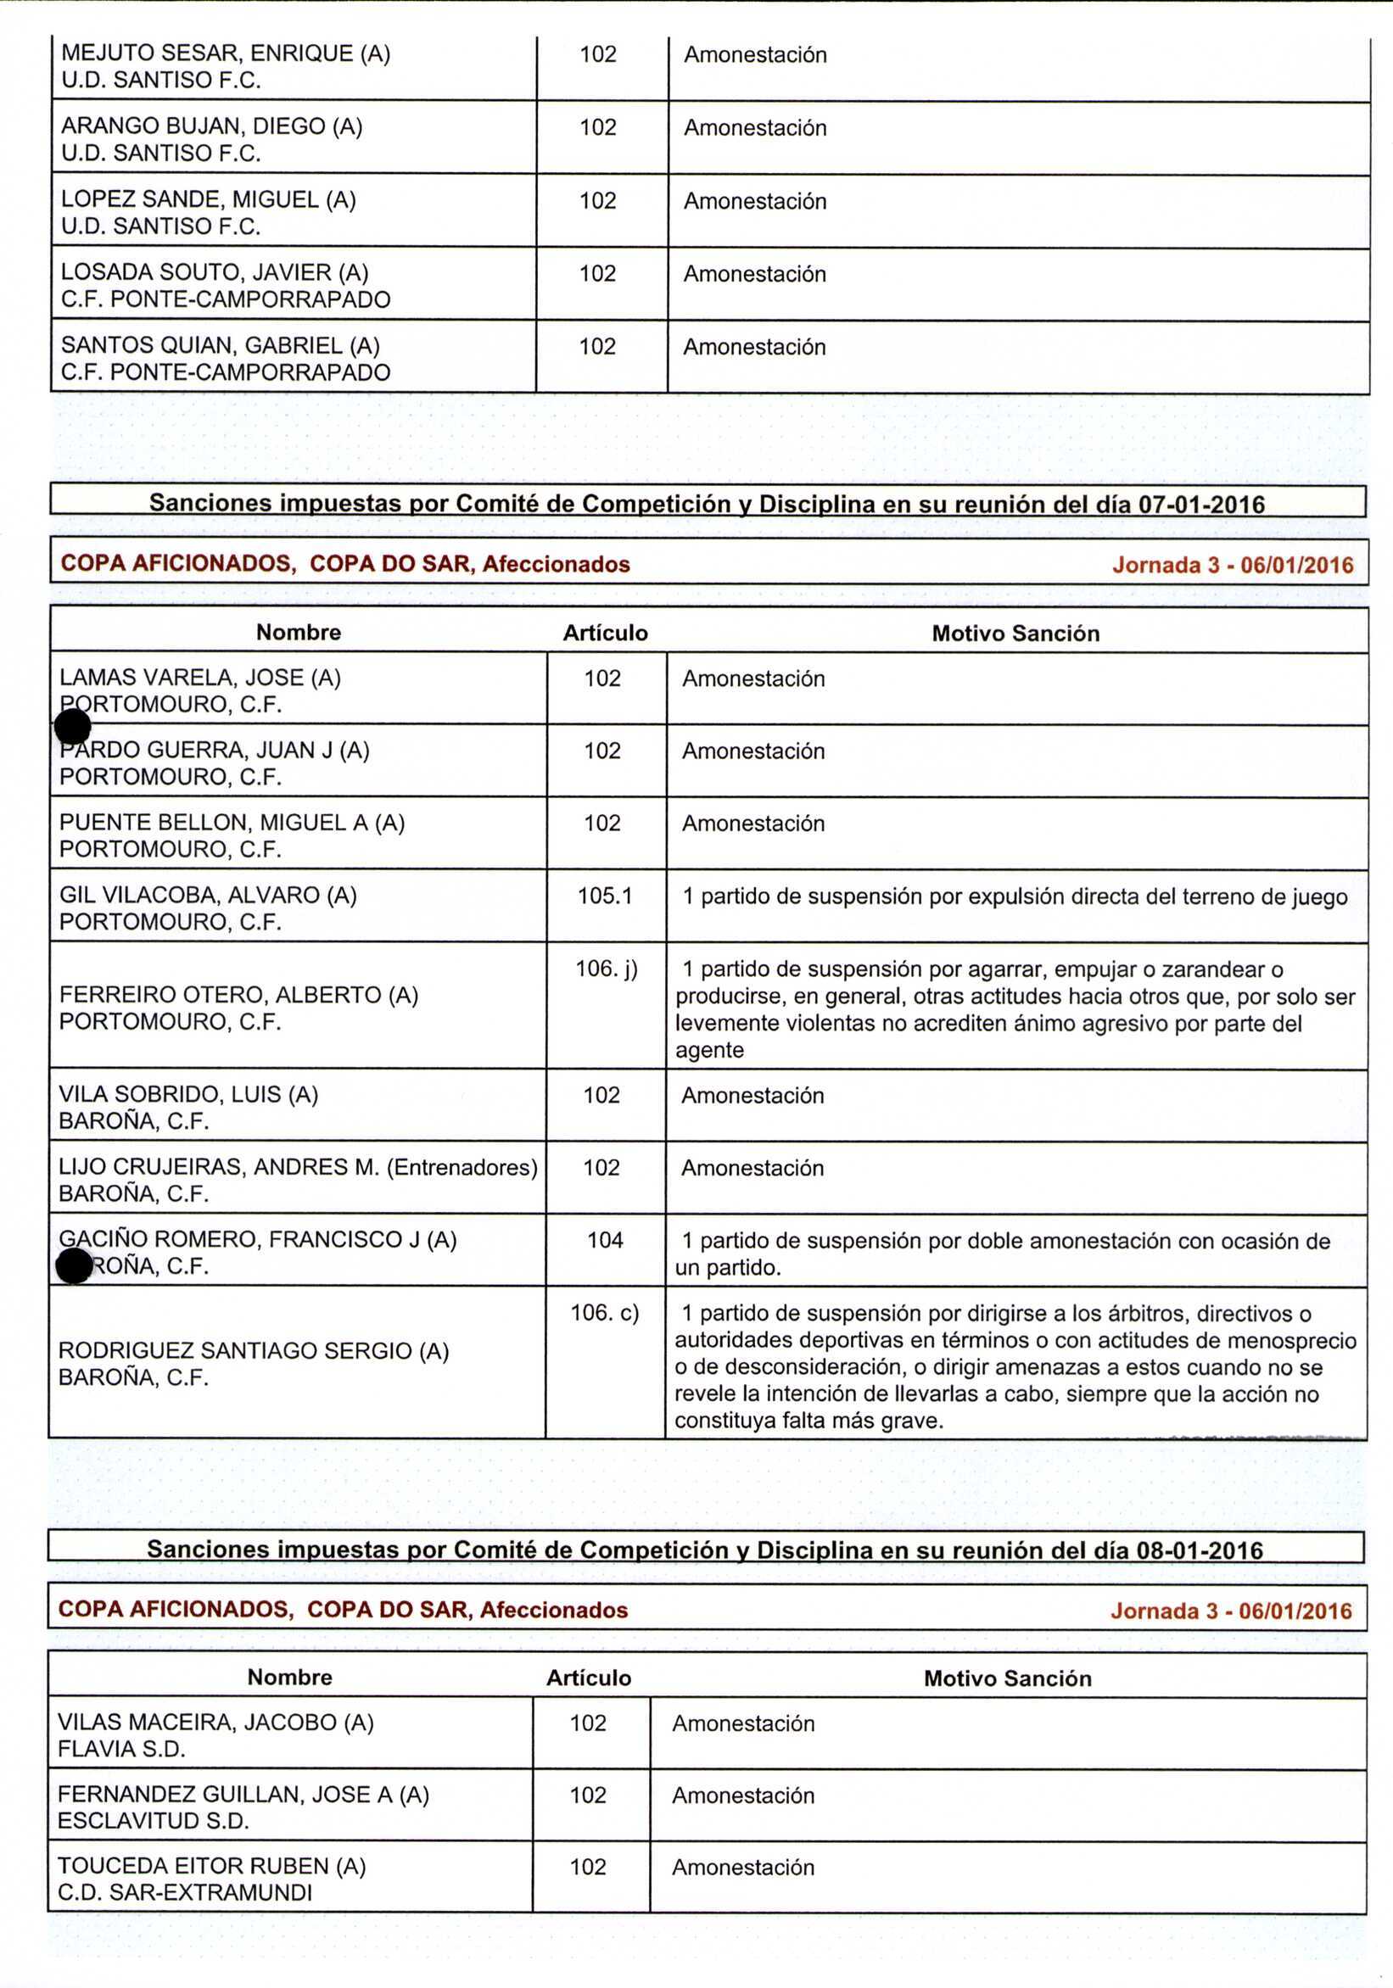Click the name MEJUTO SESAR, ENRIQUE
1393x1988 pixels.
click(x=207, y=53)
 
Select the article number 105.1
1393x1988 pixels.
click(x=605, y=896)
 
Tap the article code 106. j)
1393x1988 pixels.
click(x=607, y=968)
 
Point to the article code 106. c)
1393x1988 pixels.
click(x=605, y=1313)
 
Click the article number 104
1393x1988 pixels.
click(x=605, y=1240)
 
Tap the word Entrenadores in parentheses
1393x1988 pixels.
click(x=462, y=1167)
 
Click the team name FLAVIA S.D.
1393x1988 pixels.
click(x=121, y=1749)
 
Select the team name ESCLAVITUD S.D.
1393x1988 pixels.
click(x=154, y=1821)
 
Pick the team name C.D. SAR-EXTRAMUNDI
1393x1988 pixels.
click(x=185, y=1893)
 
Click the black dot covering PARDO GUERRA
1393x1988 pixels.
click(x=73, y=728)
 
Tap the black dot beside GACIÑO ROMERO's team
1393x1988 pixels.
click(x=74, y=1267)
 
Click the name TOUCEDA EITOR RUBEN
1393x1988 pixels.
click(x=194, y=1866)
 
